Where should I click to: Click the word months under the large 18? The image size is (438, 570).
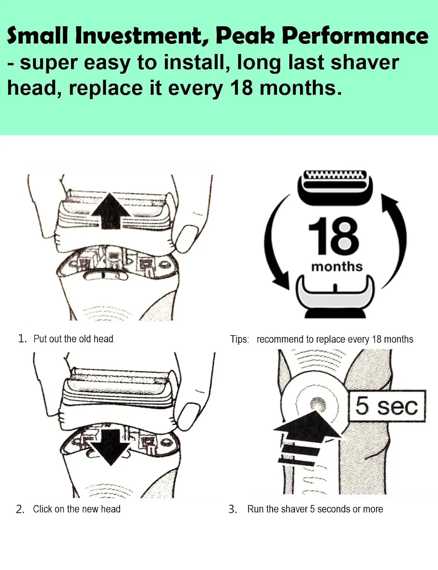tap(337, 266)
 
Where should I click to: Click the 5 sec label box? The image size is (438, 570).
tap(387, 406)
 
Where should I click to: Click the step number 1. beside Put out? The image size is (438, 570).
tap(22, 338)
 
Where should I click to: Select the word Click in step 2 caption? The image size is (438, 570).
tap(43, 509)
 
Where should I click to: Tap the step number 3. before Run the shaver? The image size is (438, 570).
tap(233, 509)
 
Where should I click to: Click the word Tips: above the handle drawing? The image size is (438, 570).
tap(239, 339)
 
